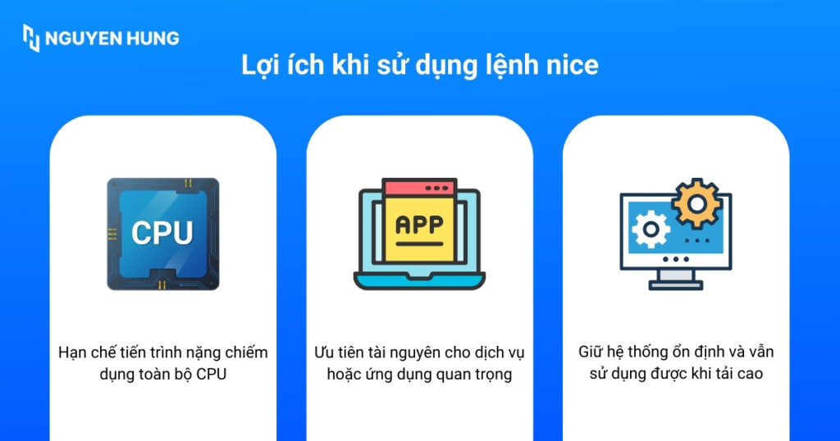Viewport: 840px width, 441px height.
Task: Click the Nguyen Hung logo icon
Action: click(x=31, y=38)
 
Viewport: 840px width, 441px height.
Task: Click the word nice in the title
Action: click(x=572, y=66)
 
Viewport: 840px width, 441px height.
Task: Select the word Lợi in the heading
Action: click(x=261, y=66)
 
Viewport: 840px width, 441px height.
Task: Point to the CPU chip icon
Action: click(x=163, y=234)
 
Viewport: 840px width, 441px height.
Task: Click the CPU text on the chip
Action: click(x=162, y=233)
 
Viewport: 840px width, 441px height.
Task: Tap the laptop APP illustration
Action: click(x=421, y=234)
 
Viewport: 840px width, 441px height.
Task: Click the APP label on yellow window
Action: click(x=419, y=224)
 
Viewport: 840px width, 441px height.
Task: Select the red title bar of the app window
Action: click(x=419, y=187)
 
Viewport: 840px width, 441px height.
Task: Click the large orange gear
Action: click(x=696, y=202)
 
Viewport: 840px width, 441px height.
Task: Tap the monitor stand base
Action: click(x=675, y=284)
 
